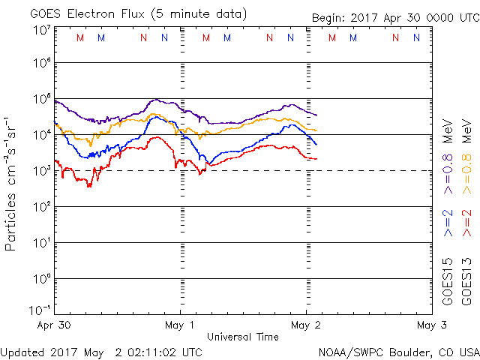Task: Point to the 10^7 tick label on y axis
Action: (40, 31)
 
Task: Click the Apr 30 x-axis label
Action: (55, 325)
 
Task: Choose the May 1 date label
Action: (180, 325)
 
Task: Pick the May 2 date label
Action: (305, 325)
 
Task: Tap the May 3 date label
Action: (430, 325)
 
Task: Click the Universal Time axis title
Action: (242, 337)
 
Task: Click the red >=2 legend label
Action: (467, 223)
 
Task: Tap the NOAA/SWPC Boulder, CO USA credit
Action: (398, 351)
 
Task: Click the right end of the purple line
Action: (316, 115)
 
